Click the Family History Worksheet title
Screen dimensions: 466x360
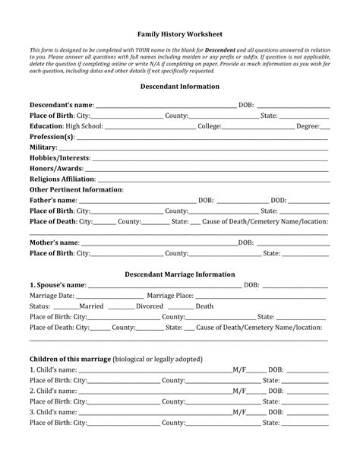point(179,34)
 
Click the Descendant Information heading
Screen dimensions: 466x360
point(179,87)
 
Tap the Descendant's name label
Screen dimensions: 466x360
point(62,104)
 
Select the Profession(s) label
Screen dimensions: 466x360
point(52,136)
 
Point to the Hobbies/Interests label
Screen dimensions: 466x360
point(60,157)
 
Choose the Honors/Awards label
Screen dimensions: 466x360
point(55,168)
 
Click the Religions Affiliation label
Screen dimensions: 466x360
point(62,179)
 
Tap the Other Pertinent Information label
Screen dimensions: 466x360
point(76,189)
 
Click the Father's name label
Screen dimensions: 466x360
point(53,200)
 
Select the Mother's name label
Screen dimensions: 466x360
point(55,243)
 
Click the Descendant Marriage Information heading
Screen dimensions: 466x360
point(179,274)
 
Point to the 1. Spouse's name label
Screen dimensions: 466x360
point(58,285)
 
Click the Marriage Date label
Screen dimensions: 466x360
point(52,296)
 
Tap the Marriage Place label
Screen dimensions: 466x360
point(170,296)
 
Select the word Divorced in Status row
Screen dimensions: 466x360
point(149,306)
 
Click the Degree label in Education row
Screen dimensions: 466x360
point(308,125)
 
